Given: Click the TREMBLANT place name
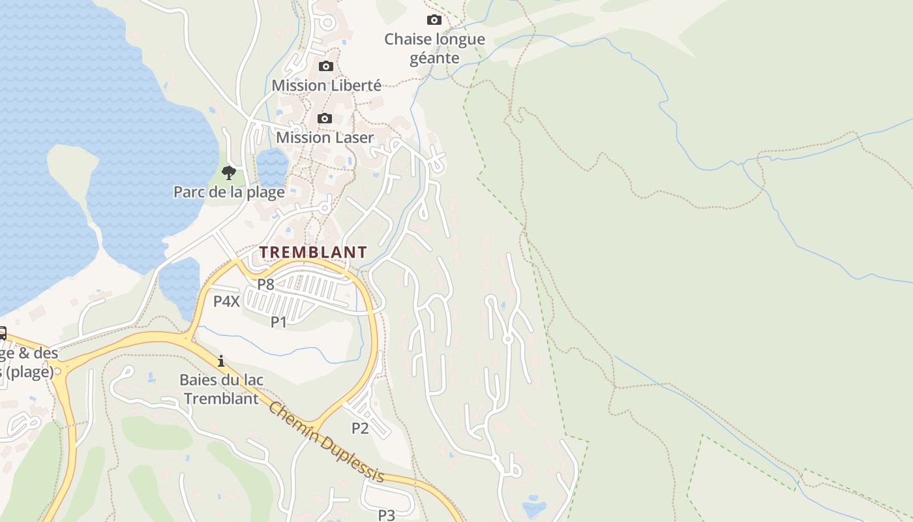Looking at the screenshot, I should click(313, 252).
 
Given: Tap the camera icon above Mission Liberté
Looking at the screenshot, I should click(325, 66).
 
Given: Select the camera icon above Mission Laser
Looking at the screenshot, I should click(324, 118).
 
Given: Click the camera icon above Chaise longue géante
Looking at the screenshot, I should click(434, 20).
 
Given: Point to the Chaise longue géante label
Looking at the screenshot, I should click(434, 48).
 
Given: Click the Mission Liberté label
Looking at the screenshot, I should click(326, 85).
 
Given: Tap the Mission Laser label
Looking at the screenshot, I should click(325, 138).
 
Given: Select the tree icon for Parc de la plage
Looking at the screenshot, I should click(228, 173).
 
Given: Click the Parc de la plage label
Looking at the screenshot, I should click(229, 192).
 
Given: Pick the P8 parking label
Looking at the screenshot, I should click(265, 284).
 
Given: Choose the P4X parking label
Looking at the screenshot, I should click(227, 301).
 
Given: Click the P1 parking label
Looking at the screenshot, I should click(279, 322).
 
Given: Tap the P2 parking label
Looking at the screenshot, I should click(360, 428).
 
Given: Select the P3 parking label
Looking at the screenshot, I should click(387, 515).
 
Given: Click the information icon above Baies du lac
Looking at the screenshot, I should click(221, 360).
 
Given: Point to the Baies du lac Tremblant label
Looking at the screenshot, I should click(221, 389).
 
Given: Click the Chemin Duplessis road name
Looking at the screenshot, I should click(326, 442).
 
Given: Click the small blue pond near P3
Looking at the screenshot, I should click(534, 508).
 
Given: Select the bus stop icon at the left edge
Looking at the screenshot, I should click(2, 333).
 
